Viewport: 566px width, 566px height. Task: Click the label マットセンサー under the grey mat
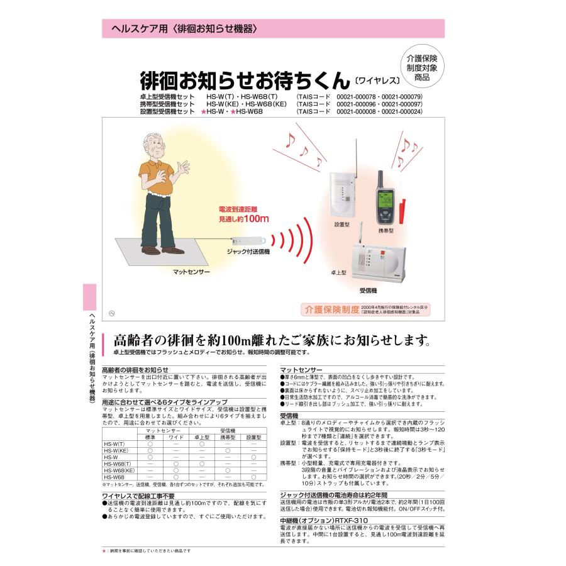point(192,272)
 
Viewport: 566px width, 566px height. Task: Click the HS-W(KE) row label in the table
point(116,450)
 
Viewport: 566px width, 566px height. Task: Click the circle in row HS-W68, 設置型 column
point(253,477)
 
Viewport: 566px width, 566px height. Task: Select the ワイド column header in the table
point(176,436)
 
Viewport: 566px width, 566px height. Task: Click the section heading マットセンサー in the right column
point(302,370)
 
